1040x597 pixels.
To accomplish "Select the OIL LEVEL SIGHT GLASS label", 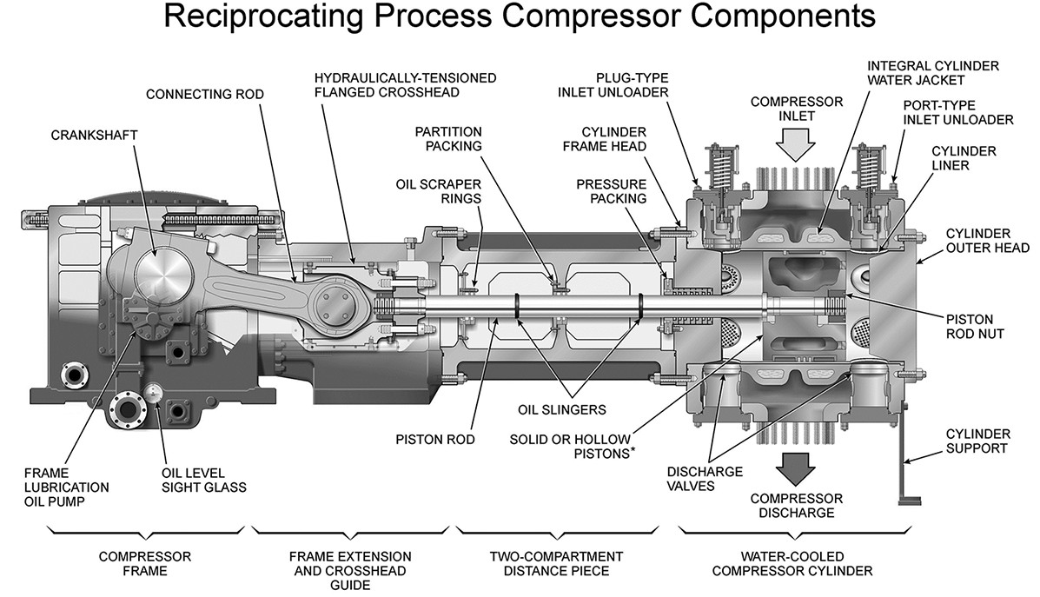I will [x=203, y=480].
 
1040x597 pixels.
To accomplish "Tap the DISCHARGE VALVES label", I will [x=705, y=478].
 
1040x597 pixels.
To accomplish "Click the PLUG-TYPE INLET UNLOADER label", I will [x=633, y=85].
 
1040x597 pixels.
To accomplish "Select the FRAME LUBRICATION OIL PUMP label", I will [x=66, y=488].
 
